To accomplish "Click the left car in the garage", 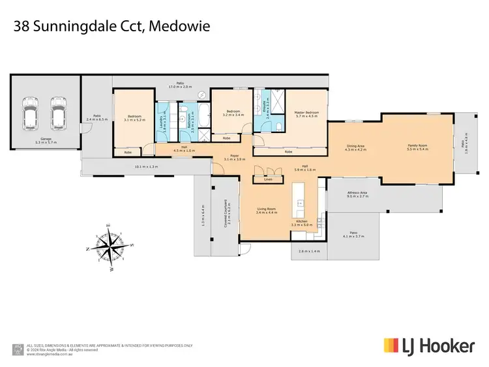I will (x=29, y=113).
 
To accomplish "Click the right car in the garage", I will (x=58, y=113).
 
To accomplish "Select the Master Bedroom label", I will (x=305, y=112).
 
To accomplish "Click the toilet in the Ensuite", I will (x=278, y=126).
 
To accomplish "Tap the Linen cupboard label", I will (x=267, y=179).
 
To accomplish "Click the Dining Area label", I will (x=356, y=146).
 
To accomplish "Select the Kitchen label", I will (x=302, y=222).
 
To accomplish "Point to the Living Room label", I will (x=267, y=209).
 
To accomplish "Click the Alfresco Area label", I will (x=355, y=192).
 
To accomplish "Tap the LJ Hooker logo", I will (x=428, y=345).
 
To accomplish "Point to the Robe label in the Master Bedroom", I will (x=288, y=152).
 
